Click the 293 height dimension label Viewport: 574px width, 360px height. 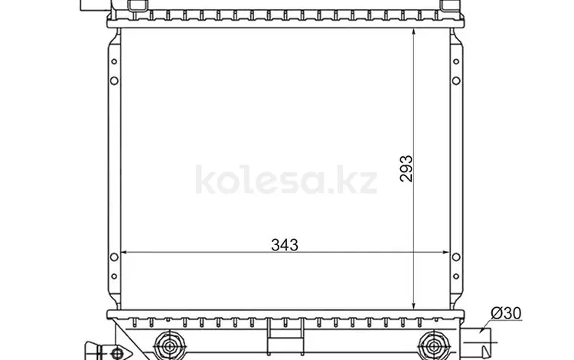(x=406, y=168)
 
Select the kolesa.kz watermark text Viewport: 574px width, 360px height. (x=286, y=182)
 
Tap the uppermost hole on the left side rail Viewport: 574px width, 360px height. (x=114, y=62)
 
